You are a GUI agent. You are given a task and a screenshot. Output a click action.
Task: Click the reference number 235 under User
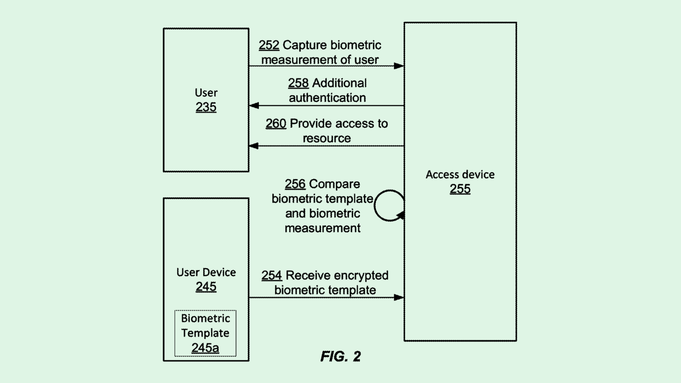point(206,107)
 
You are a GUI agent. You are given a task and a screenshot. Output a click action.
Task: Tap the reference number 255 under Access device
point(460,189)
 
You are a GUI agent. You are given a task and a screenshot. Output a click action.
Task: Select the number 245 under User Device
point(206,286)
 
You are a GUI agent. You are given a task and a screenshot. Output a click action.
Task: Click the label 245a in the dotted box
point(205,348)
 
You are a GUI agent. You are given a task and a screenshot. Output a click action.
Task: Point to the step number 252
point(269,45)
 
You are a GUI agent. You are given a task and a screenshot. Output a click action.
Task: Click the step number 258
point(298,83)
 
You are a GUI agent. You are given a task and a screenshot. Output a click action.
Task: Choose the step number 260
point(275,123)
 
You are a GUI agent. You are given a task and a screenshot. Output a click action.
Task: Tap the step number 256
point(295,184)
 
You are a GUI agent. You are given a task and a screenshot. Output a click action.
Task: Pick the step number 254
point(271,275)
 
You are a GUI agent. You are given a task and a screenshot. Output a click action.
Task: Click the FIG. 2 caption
point(340,356)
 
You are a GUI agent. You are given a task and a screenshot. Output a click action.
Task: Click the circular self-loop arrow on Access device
point(388,205)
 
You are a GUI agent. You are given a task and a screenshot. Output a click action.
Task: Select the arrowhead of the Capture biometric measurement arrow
point(399,66)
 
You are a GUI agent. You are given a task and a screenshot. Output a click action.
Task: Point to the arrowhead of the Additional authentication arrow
point(254,106)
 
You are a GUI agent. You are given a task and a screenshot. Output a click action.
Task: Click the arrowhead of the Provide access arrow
point(254,145)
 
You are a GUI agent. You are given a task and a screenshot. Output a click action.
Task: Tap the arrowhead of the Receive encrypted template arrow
point(399,297)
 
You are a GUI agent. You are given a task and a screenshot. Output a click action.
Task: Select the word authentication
point(327,98)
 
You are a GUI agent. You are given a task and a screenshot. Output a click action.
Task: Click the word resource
point(327,138)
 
